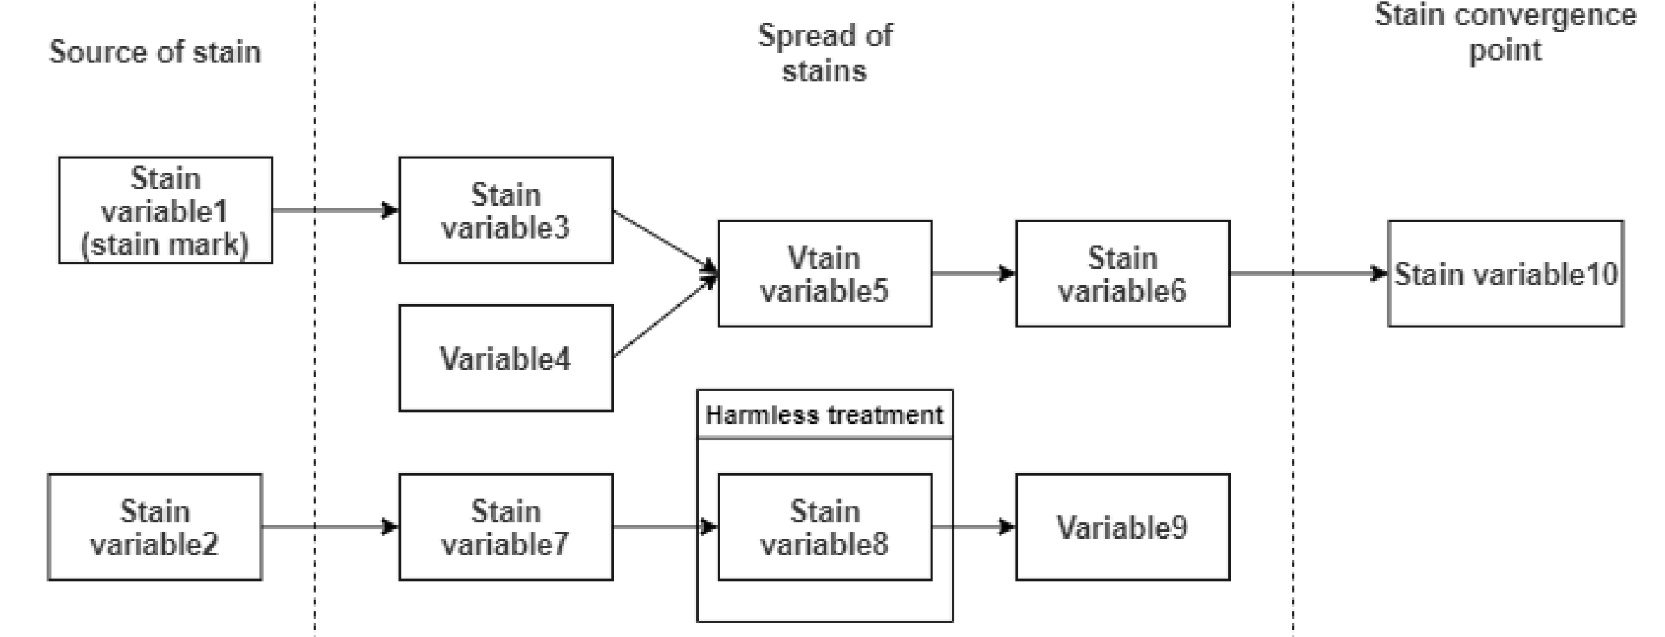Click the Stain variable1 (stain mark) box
point(166,210)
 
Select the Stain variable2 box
point(154,527)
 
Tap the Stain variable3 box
point(506,210)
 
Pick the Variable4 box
point(506,358)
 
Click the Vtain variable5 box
point(824,273)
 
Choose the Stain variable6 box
point(1123,273)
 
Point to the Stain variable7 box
point(506,527)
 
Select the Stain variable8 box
point(824,527)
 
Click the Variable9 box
point(1123,527)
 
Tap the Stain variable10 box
point(1506,273)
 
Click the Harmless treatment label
point(824,415)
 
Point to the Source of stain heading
point(155,51)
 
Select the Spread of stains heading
point(825,53)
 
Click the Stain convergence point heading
point(1506,33)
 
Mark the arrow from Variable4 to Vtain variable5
point(664,317)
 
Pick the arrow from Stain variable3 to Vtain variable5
point(664,241)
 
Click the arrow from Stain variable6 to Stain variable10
point(1308,273)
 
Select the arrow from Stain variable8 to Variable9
point(973,527)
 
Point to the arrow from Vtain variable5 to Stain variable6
point(973,273)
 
